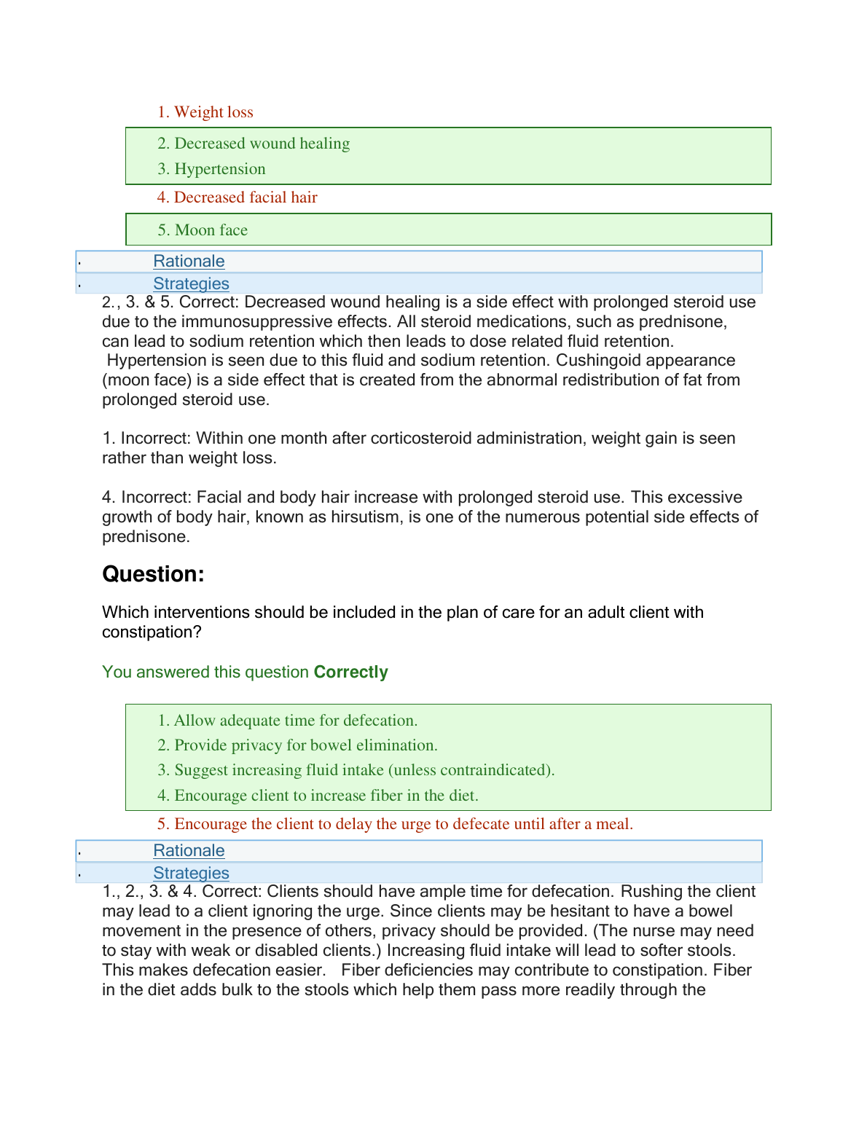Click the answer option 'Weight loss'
(205, 112)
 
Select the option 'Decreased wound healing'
(254, 144)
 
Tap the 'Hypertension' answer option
(212, 169)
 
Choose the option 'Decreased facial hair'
(238, 197)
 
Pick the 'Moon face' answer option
(203, 230)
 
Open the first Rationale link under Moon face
(189, 262)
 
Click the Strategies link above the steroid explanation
(191, 284)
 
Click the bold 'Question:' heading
(153, 574)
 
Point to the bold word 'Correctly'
(350, 672)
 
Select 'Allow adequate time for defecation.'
(288, 721)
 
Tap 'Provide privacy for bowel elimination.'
(298, 745)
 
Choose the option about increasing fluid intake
(356, 770)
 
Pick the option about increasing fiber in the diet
(318, 796)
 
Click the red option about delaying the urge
(396, 824)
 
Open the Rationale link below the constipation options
(189, 851)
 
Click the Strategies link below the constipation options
(191, 874)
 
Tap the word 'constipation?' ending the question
(152, 632)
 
